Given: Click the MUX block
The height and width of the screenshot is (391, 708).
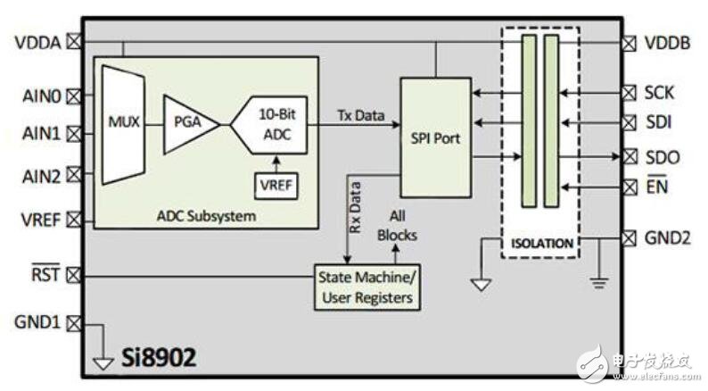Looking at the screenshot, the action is click(123, 124).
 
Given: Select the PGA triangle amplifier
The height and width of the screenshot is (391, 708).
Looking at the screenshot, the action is click(191, 124).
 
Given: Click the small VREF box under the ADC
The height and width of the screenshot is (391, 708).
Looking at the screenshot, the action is click(276, 186).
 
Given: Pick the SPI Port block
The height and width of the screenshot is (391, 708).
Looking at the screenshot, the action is click(436, 137).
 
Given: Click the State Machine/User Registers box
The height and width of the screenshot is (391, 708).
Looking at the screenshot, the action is click(367, 287).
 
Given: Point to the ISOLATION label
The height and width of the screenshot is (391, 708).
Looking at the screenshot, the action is click(542, 244).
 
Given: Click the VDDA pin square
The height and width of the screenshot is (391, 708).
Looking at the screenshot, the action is click(74, 42).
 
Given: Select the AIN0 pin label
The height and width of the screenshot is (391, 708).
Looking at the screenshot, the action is click(42, 96).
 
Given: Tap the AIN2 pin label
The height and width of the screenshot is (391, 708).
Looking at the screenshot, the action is click(42, 176).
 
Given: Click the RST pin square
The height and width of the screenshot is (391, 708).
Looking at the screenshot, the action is click(74, 275).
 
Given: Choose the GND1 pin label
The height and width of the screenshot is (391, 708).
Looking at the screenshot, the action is click(37, 322).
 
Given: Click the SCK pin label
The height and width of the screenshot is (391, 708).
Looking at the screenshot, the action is click(659, 93).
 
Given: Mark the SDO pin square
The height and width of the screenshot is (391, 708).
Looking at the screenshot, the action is click(629, 157).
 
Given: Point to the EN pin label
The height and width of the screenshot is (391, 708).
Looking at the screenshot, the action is click(656, 186).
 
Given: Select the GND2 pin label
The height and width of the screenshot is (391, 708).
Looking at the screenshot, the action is click(667, 237).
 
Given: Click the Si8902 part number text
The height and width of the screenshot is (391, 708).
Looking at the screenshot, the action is click(159, 357).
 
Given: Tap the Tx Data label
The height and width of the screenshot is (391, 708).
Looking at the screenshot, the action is click(361, 116).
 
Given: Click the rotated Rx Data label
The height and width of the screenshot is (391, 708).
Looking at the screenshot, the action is click(355, 207).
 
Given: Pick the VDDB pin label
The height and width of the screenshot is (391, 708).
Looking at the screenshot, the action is click(667, 43).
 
